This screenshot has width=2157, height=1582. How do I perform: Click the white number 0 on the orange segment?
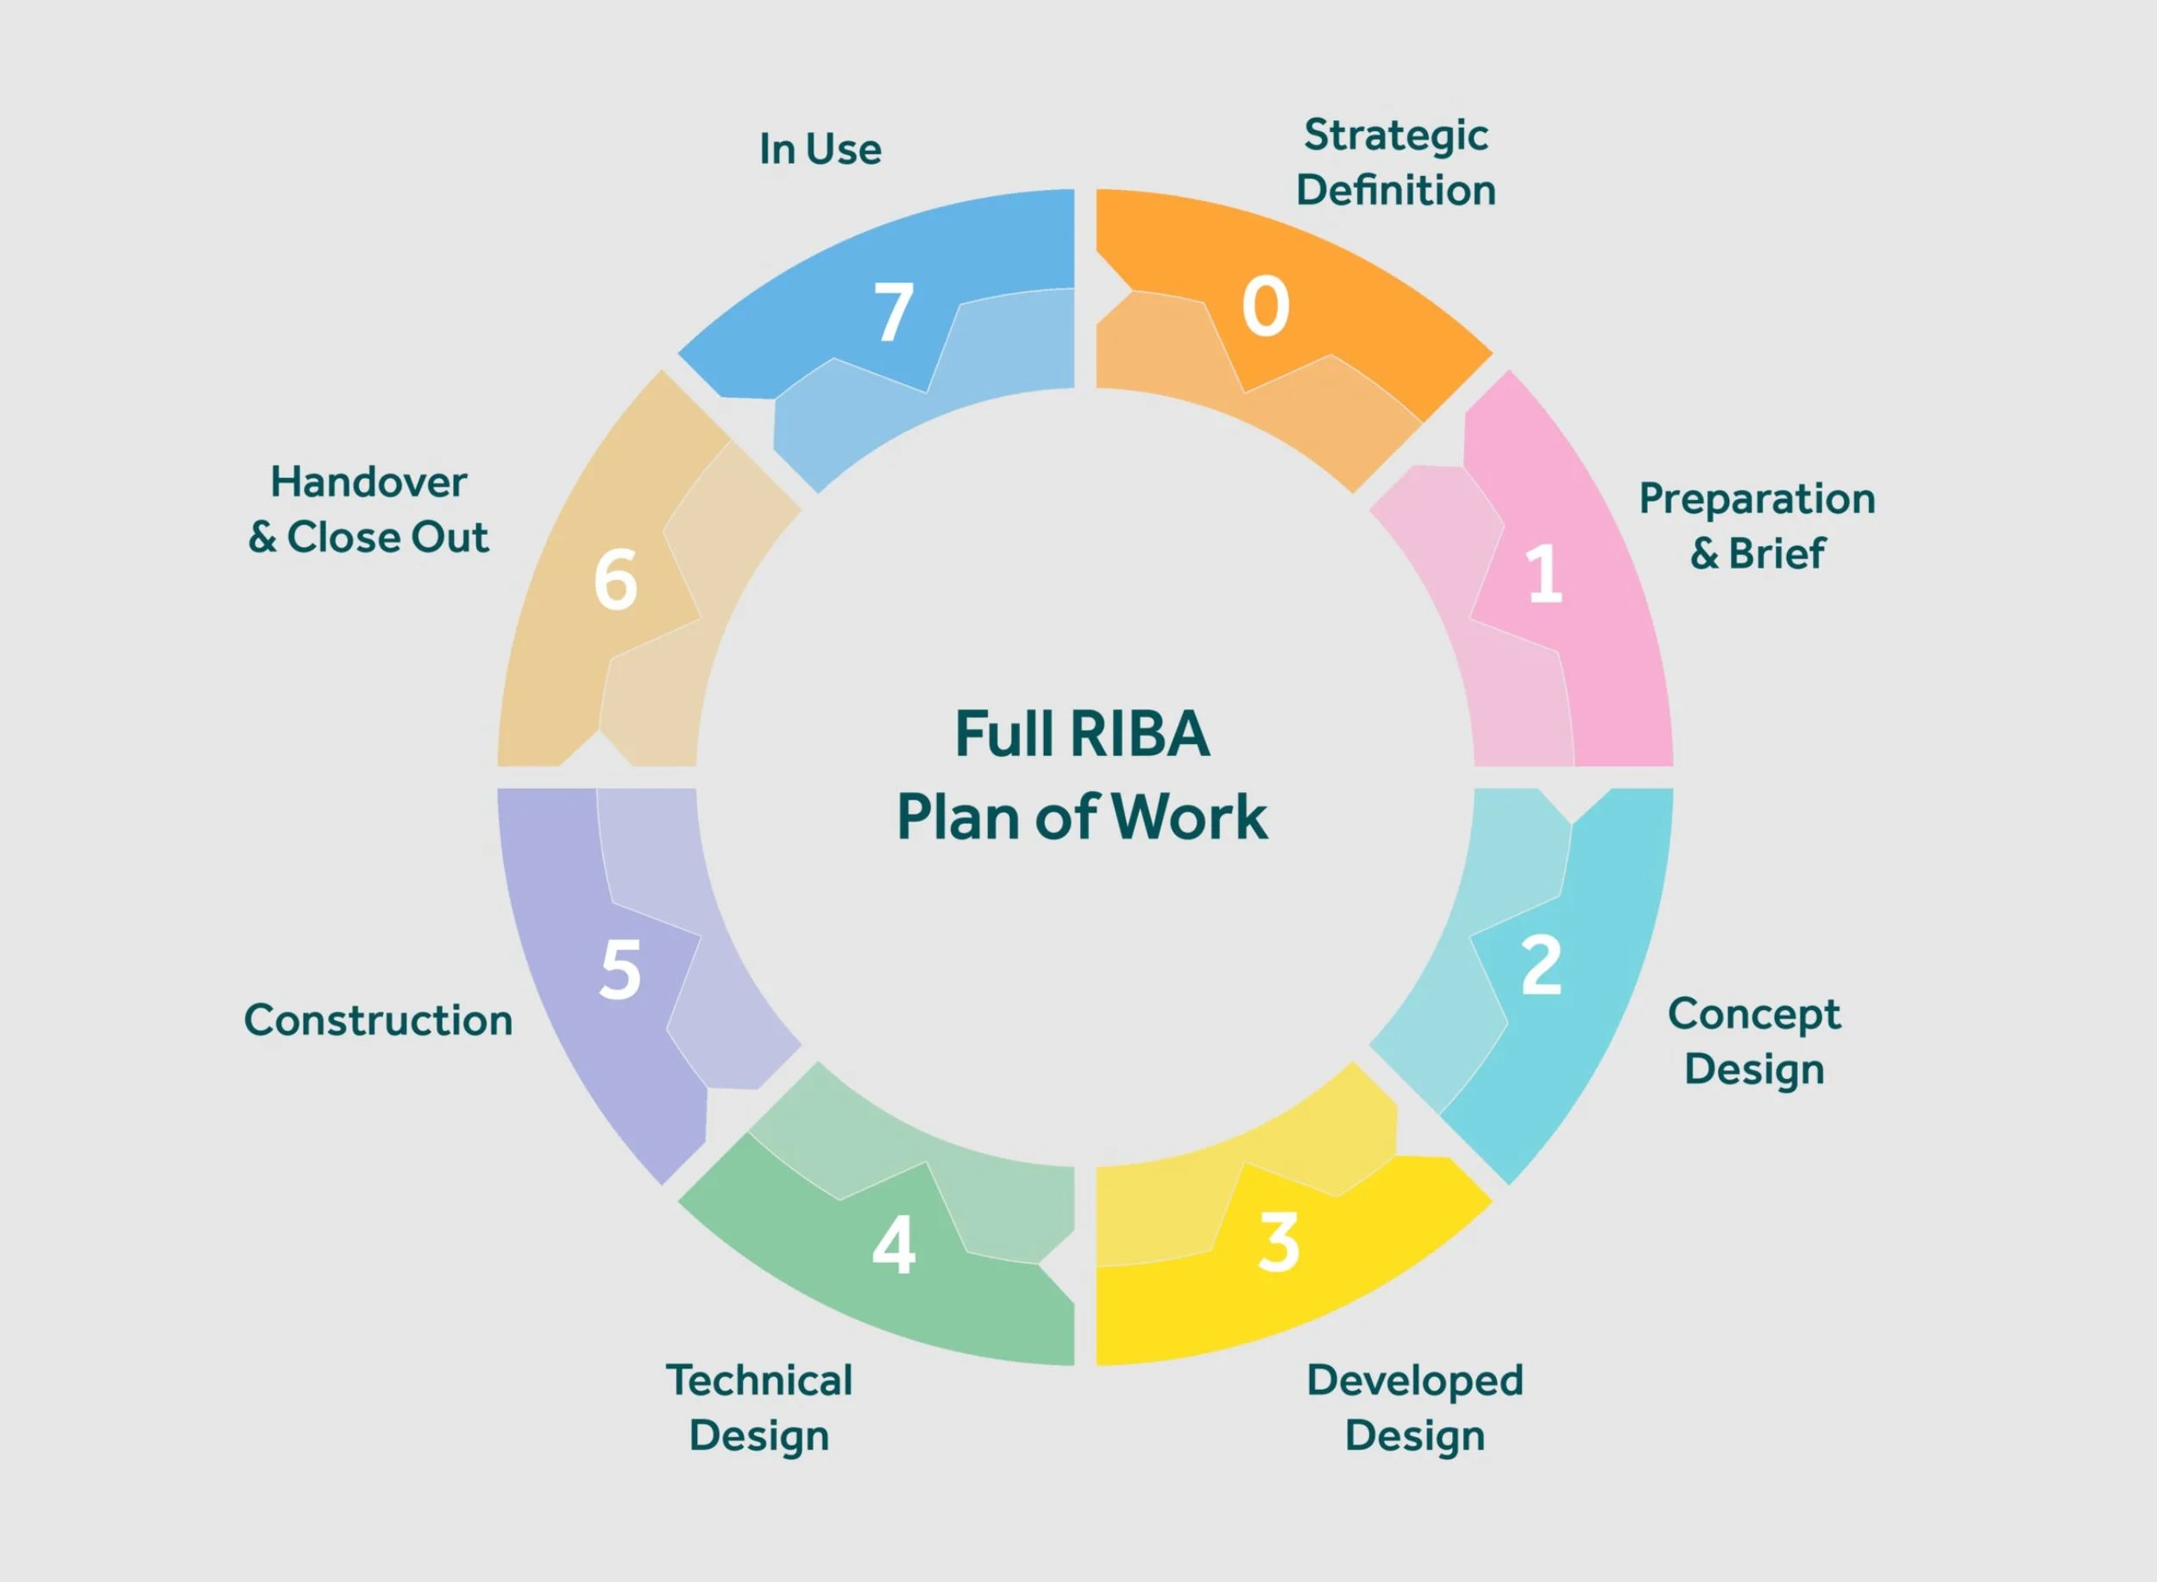(x=1265, y=306)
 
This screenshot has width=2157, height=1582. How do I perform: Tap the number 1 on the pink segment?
(x=1544, y=575)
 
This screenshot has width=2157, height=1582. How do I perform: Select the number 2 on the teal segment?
(x=1542, y=965)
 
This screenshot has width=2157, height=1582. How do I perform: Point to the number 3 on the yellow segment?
(x=1279, y=1243)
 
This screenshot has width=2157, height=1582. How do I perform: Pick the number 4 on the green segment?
(x=893, y=1246)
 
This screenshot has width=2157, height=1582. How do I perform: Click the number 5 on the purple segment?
(x=619, y=970)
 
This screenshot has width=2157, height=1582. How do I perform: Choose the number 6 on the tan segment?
(x=614, y=580)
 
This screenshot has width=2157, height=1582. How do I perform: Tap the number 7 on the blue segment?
(x=893, y=312)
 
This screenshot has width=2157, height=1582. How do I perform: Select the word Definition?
(x=1396, y=191)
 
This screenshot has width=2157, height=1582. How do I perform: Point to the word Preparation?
(x=1757, y=499)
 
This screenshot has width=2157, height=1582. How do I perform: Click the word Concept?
(x=1754, y=1014)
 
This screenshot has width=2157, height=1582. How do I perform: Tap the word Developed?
(x=1415, y=1381)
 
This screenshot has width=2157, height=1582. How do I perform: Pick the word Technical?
(x=759, y=1381)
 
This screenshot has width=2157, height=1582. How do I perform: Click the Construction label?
(x=378, y=1021)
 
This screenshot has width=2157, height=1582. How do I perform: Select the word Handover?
(x=368, y=482)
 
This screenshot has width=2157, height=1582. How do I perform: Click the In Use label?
(x=821, y=149)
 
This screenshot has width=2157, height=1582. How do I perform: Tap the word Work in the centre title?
(x=1190, y=818)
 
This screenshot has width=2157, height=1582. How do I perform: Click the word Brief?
(x=1777, y=553)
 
